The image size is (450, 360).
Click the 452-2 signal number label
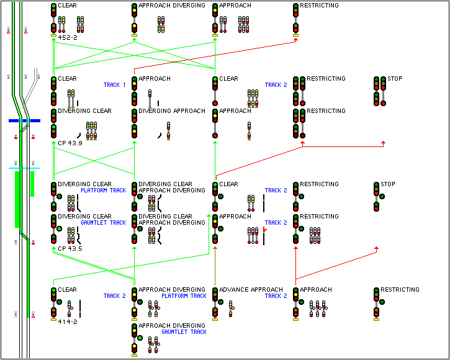tap(67, 38)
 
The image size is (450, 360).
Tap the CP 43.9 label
tap(70, 143)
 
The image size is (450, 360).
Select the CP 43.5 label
tap(70, 249)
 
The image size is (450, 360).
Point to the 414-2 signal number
tap(67, 322)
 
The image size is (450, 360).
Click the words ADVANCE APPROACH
tap(251, 290)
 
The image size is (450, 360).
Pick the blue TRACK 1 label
tap(115, 84)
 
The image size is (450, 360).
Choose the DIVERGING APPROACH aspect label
tap(171, 111)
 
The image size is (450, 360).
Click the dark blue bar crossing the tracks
tap(24, 120)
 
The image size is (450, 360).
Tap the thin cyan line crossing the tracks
tap(24, 168)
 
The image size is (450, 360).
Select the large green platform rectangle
tap(18, 199)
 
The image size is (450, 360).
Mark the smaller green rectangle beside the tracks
tap(32, 184)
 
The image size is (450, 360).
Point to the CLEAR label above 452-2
tap(67, 6)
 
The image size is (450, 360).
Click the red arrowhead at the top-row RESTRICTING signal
tap(297, 42)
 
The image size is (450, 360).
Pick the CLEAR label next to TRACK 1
tap(67, 79)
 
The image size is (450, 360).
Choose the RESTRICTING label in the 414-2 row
tap(400, 290)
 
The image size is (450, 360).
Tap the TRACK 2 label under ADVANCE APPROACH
tap(276, 296)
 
